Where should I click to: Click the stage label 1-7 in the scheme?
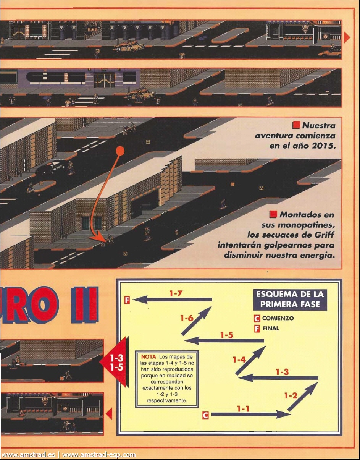[176, 293]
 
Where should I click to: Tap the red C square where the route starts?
[205, 415]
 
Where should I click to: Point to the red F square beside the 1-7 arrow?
[127, 300]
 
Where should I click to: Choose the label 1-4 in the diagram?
[239, 360]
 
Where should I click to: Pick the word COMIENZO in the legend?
[278, 318]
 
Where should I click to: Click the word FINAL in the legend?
[271, 328]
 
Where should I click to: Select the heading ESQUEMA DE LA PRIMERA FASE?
[290, 299]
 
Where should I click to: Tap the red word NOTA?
[149, 357]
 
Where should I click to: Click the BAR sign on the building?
[93, 30]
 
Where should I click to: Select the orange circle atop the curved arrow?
[120, 151]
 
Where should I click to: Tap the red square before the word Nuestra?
[296, 125]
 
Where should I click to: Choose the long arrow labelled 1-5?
[224, 341]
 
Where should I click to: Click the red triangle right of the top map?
[347, 38]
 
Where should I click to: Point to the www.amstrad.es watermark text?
[28, 455]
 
